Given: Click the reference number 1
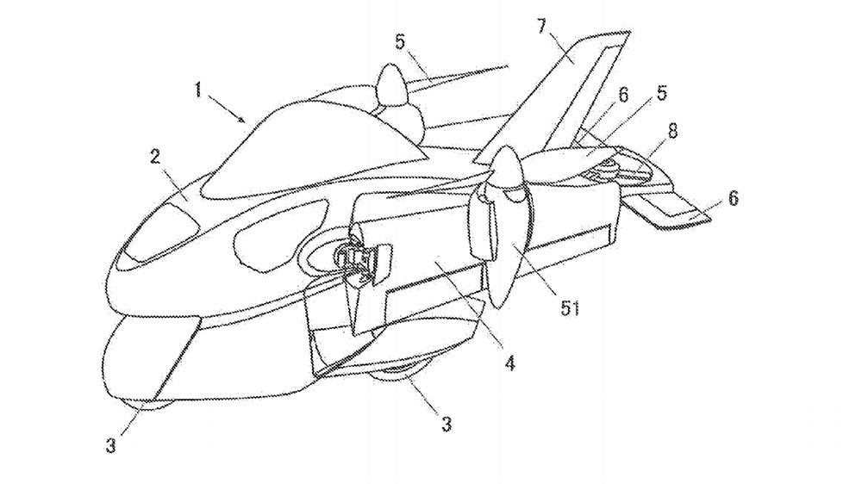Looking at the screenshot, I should click(x=201, y=89).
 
